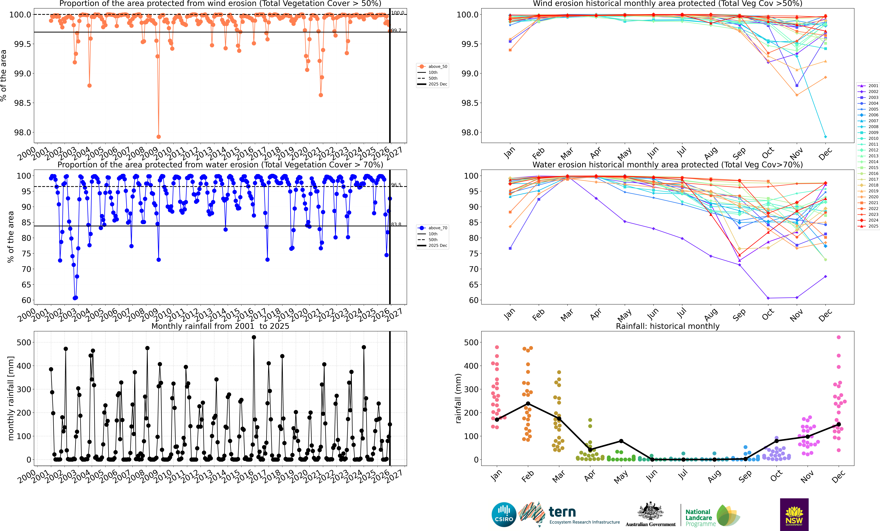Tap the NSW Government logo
(x=794, y=514)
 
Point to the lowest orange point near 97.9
(x=159, y=137)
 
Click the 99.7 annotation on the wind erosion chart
(x=396, y=30)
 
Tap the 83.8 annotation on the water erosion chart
(x=396, y=224)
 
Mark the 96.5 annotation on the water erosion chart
(x=396, y=185)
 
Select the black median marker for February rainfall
(x=528, y=403)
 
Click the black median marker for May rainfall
(x=621, y=441)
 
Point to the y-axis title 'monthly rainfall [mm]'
(x=11, y=398)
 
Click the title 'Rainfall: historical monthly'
(x=667, y=326)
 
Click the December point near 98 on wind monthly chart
(x=825, y=137)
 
